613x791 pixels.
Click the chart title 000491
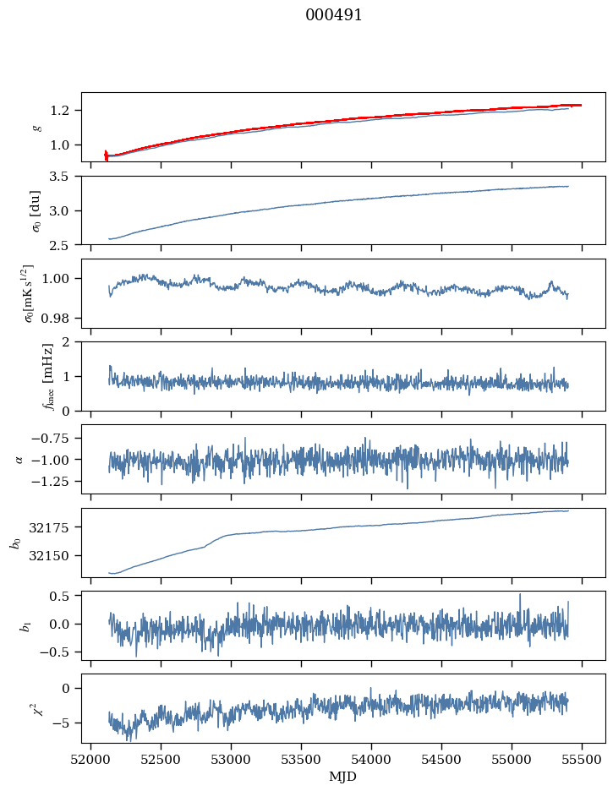[x=334, y=15]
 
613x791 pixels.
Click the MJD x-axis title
[x=342, y=777]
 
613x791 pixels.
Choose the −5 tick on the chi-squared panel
[x=63, y=723]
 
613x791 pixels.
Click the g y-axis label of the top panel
[x=36, y=128]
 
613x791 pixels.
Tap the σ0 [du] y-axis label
[x=36, y=210]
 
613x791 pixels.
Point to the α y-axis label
[x=19, y=459]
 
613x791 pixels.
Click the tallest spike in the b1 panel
[x=520, y=595]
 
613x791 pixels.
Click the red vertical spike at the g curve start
[x=106, y=155]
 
